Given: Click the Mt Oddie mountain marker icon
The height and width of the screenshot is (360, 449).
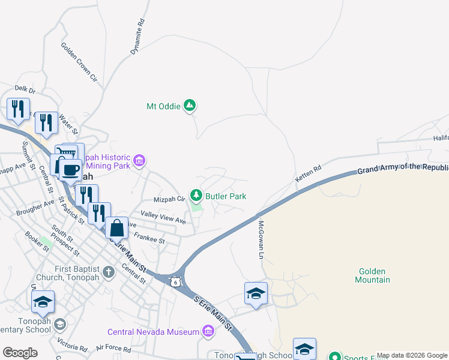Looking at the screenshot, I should point(190,106).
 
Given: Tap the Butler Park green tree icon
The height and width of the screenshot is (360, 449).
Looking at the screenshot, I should point(196,196).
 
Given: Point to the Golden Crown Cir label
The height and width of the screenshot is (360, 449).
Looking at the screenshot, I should point(79,61).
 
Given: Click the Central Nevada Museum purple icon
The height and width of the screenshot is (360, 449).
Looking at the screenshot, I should point(208,331).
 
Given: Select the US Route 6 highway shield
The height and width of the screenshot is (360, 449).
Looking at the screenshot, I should point(174,281).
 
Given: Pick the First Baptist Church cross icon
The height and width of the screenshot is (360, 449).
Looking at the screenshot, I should point(108,272).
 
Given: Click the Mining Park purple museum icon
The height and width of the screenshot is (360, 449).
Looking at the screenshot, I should point(140,160).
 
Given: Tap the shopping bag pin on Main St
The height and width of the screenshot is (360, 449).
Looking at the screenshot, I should point(117,229).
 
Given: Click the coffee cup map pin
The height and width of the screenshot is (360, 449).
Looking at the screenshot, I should point(70,170).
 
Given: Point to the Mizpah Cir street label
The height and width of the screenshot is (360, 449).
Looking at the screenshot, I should point(170,199).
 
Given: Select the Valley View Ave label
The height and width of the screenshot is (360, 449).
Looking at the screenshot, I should point(163,217).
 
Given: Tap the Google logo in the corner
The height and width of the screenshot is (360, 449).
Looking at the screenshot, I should point(20,353).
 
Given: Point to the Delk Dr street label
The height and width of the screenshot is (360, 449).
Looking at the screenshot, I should point(26,90).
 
